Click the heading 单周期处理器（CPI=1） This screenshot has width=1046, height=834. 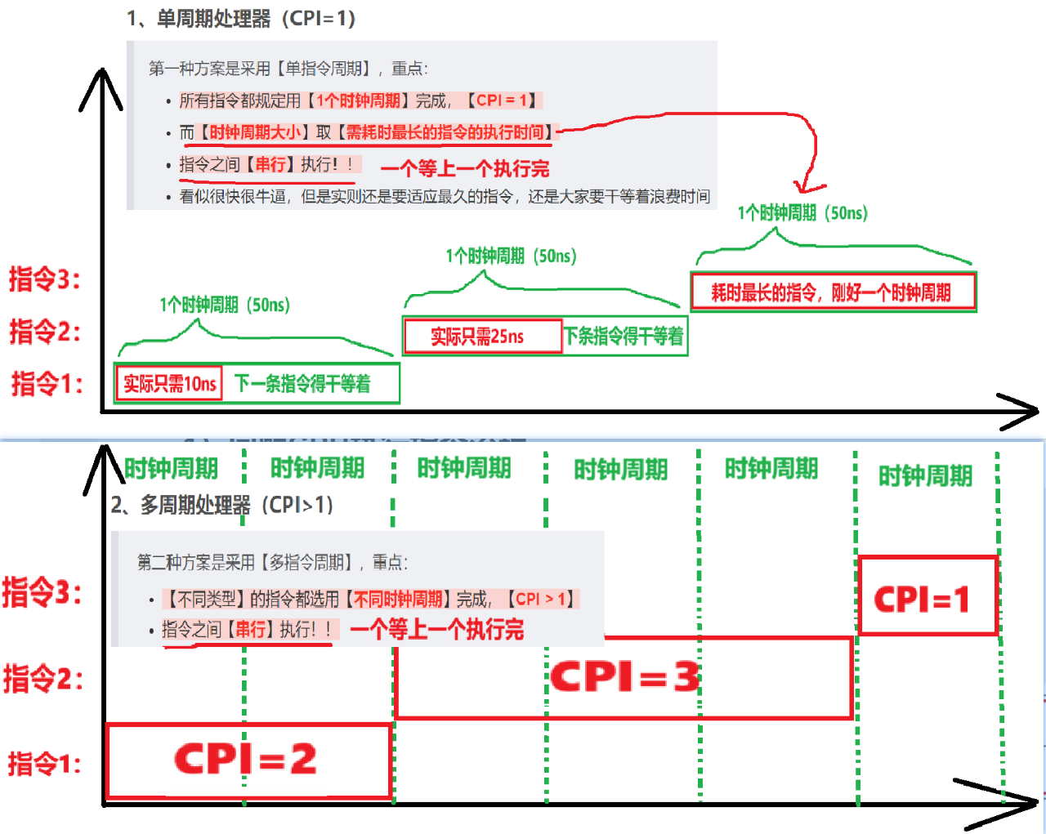(241, 18)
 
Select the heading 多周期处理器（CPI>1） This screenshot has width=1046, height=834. (222, 505)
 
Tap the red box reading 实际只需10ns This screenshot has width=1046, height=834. (170, 383)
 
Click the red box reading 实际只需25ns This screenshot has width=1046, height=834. (482, 336)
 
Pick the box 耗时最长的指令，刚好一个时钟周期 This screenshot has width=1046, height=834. (833, 292)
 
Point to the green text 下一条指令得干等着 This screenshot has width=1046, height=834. (303, 383)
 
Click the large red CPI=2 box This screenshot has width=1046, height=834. (247, 760)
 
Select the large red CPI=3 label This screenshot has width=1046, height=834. (625, 677)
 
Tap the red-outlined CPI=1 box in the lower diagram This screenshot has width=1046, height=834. (927, 597)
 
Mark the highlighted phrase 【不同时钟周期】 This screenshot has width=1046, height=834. (398, 599)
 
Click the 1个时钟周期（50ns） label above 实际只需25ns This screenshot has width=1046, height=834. (511, 256)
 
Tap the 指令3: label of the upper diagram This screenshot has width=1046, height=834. (45, 279)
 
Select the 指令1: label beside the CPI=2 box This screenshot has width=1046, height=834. (45, 764)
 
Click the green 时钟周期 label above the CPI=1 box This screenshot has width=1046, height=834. (925, 475)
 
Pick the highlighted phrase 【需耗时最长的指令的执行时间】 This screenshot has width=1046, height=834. (445, 132)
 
